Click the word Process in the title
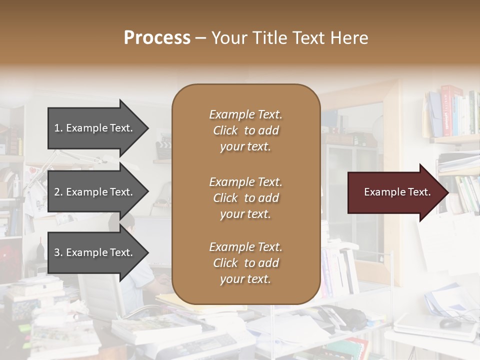click(x=157, y=38)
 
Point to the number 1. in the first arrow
click(x=58, y=128)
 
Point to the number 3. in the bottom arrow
click(x=58, y=252)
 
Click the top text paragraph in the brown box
click(x=245, y=130)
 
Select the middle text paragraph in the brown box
click(x=245, y=198)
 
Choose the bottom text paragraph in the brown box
click(x=245, y=263)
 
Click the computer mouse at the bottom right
click(x=450, y=323)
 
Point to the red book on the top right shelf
click(x=444, y=110)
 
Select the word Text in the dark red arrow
click(x=419, y=192)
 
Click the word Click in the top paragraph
click(x=225, y=130)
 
